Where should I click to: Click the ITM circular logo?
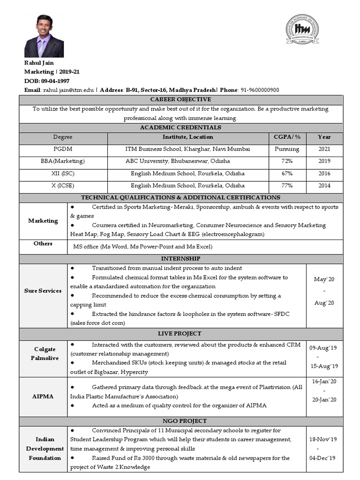pos(302,29)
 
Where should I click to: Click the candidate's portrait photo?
pos(44,36)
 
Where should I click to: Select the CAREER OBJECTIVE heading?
pos(180,99)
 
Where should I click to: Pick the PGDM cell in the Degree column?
pos(63,149)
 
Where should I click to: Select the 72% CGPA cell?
pos(287,161)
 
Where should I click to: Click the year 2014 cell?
pos(324,186)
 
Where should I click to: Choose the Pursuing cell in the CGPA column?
pos(287,149)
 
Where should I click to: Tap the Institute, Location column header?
pos(187,137)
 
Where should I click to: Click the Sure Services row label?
pos(43,291)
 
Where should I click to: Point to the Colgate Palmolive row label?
pos(45,354)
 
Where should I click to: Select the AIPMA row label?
pos(43,396)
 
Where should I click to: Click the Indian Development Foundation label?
pos(45,449)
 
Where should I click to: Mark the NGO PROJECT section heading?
pos(180,421)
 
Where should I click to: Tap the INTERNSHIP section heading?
pos(180,259)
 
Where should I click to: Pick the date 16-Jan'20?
pos(324,382)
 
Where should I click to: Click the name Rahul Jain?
pos(39,63)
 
